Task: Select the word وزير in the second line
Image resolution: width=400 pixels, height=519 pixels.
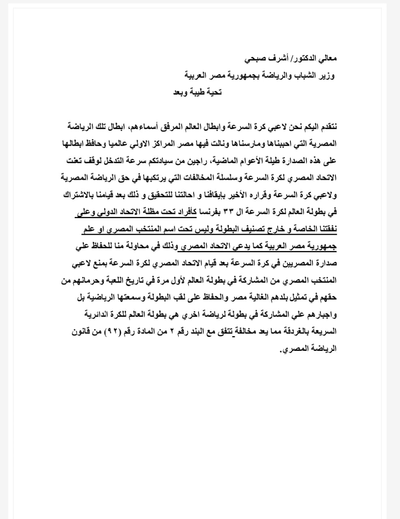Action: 327,76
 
